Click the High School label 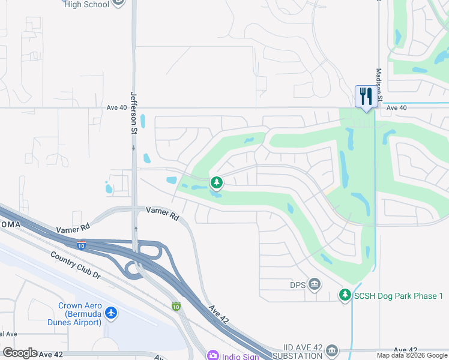click(x=86, y=4)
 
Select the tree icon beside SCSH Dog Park click(x=345, y=295)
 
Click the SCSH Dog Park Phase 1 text click(x=398, y=296)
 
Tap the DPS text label click(x=298, y=284)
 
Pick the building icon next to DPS click(x=314, y=284)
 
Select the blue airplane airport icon click(x=111, y=313)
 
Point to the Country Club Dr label click(x=75, y=264)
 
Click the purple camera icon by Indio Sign click(x=213, y=356)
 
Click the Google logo click(x=20, y=353)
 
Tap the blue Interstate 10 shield click(x=82, y=245)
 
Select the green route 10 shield click(x=176, y=306)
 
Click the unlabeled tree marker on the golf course click(x=216, y=182)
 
